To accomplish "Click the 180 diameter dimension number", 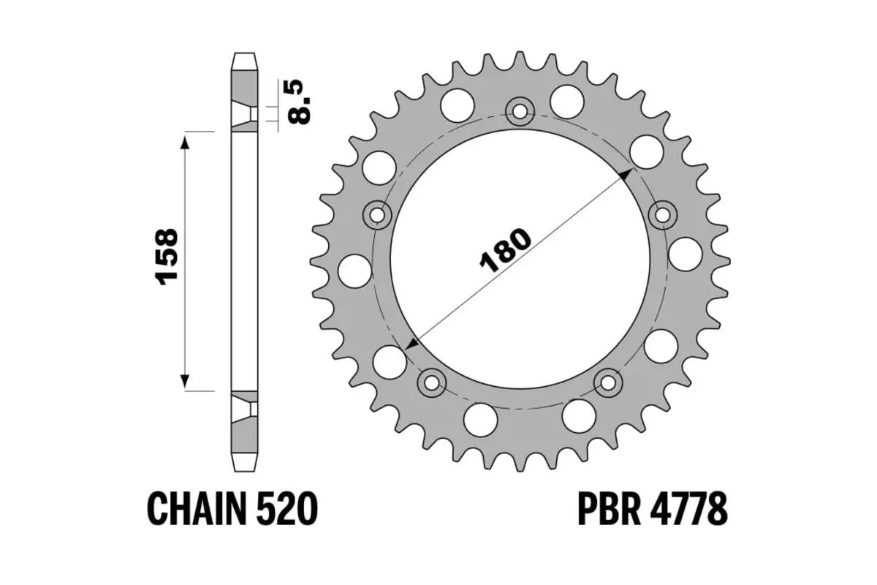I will coord(504,250).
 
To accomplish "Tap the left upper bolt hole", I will coord(378,215).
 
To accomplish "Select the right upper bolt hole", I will coord(663,215).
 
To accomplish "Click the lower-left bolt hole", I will coord(431,382).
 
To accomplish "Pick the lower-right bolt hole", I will coord(608,382).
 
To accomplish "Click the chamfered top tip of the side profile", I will coord(246,59).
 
